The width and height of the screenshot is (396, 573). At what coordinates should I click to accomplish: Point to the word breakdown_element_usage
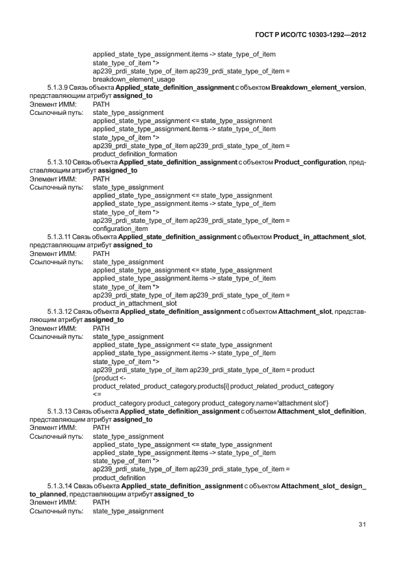[x=134, y=79]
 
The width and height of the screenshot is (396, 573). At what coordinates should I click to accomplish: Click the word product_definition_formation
[x=135, y=154]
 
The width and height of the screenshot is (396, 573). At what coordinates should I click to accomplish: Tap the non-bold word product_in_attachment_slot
[x=135, y=303]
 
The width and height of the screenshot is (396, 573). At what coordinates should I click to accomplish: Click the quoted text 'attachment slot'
[x=298, y=402]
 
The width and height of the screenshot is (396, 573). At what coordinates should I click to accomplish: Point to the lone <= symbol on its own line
[x=96, y=394]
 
